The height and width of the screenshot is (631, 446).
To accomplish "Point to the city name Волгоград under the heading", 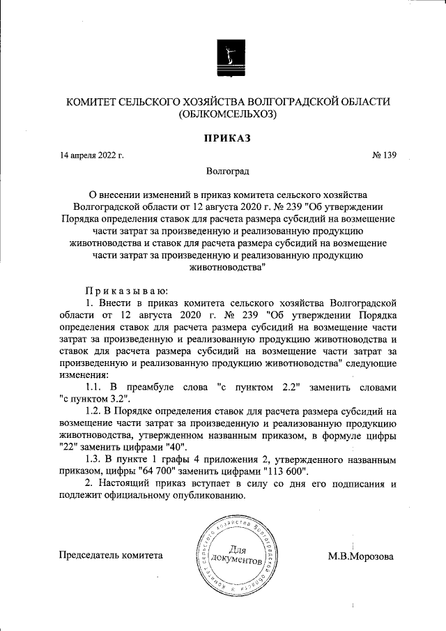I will point(227,170).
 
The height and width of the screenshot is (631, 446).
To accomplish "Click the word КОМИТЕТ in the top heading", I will point(93,101).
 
